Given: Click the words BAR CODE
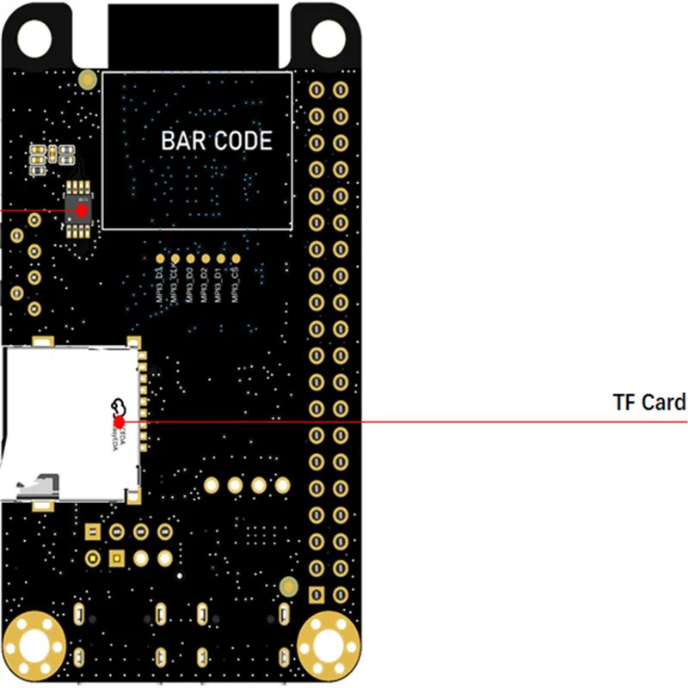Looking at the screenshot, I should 217,141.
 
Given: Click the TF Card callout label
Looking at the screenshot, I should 649,402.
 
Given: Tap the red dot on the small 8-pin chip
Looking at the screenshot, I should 82,209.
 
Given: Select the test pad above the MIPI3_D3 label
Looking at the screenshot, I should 160,257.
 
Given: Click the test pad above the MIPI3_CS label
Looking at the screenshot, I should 236,257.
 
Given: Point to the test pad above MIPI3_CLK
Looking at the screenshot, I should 175,257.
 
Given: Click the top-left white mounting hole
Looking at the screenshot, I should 34,34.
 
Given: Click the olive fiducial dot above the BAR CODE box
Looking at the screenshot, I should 87,80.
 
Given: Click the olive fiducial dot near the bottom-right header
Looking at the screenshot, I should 289,587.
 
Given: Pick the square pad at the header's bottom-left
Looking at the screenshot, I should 316,594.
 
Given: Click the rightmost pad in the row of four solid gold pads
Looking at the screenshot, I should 281,486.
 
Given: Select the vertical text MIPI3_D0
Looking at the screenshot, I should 190,284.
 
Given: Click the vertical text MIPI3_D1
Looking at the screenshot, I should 220,284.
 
